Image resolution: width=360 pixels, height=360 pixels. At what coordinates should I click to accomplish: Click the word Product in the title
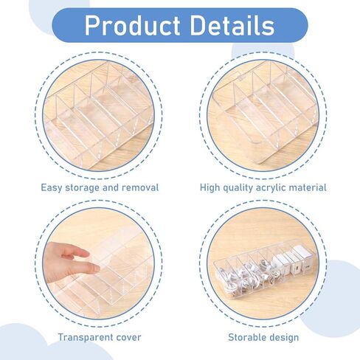coord(132,25)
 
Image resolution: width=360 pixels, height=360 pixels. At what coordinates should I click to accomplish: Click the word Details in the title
coord(232,24)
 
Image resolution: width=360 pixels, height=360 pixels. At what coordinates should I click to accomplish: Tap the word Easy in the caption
coord(51,188)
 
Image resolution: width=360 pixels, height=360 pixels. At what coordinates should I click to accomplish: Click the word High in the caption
coord(210,188)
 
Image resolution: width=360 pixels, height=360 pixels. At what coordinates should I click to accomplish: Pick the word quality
coord(238,188)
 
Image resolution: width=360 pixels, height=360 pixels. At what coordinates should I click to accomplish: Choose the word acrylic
coord(271,188)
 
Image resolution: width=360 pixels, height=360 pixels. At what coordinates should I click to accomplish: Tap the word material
coord(308,187)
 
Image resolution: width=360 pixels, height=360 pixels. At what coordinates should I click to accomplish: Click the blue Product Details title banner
coord(180,25)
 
